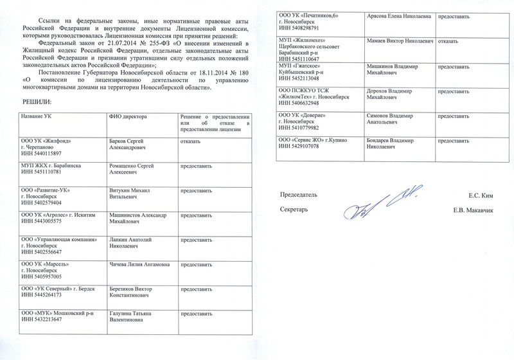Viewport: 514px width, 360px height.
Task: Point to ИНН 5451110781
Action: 44,172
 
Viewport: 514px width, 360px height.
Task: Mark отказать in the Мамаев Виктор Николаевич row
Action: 447,40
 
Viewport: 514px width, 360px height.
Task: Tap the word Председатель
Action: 299,195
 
